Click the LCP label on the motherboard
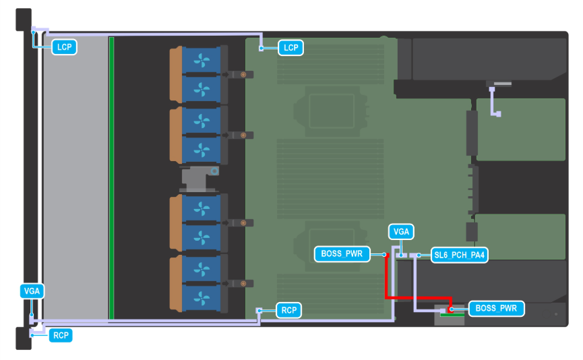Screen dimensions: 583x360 (291, 48)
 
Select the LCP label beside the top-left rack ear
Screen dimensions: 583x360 (65, 47)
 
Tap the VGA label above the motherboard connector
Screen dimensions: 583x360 (401, 232)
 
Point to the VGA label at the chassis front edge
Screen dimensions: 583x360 (32, 291)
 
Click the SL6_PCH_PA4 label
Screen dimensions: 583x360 (460, 256)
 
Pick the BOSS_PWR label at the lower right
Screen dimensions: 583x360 (496, 309)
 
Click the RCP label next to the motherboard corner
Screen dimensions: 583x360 (289, 310)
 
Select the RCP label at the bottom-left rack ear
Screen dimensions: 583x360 (61, 334)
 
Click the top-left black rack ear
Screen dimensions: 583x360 (24, 19)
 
